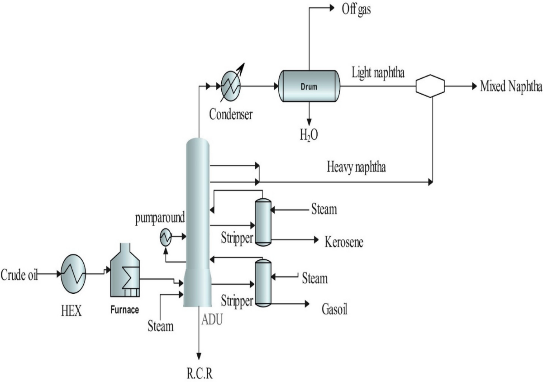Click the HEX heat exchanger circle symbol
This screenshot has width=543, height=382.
pos(73,274)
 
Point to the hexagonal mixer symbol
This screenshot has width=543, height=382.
pos(430,86)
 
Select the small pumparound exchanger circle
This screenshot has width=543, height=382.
pos(166,236)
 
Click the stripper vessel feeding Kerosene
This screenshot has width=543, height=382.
pos(262,222)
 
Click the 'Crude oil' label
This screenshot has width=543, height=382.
pos(19,274)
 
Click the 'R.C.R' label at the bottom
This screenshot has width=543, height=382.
pos(199,373)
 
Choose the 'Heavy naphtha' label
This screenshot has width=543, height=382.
pos(357,168)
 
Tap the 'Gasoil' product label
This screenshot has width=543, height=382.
pos(335,310)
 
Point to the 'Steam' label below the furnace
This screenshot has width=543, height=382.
pos(161,325)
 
